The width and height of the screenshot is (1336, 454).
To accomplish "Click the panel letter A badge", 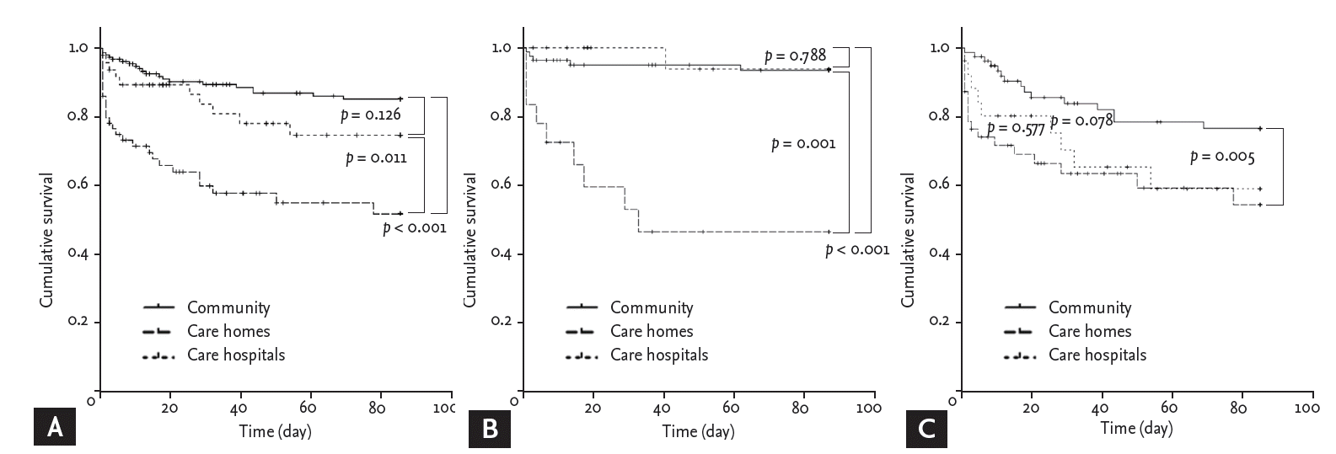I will tap(55, 429).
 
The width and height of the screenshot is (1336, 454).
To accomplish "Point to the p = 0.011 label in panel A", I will tap(376, 158).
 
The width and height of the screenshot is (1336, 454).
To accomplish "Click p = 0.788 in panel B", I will tap(795, 56).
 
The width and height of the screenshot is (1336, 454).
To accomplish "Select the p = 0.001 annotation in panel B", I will tap(803, 144).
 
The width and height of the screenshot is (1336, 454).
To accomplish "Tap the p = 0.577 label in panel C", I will tap(1015, 129).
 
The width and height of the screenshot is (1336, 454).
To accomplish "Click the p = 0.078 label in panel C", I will tap(1081, 121).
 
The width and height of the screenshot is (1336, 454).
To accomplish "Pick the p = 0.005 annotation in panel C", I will tap(1222, 157).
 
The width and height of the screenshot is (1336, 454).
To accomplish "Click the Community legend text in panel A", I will tap(228, 308).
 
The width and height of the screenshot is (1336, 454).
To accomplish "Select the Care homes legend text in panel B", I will tap(652, 332).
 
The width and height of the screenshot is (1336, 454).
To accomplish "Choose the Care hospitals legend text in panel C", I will tap(1097, 355).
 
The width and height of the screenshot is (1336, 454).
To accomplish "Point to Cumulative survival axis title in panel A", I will tap(47, 240).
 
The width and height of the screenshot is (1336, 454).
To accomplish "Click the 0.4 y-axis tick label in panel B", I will tap(501, 254).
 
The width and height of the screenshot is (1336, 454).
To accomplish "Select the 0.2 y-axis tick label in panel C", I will tap(939, 322).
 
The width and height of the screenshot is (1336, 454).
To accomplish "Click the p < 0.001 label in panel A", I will tap(414, 227).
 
